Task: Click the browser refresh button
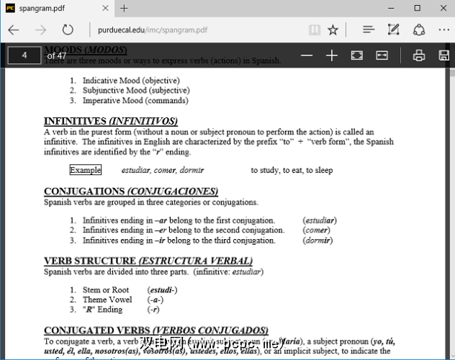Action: pos(68,30)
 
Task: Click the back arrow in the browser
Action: pos(13,30)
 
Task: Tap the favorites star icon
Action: pos(333,30)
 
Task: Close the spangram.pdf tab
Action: pos(104,9)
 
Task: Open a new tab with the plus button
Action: pos(124,9)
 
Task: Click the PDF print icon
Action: pos(419,55)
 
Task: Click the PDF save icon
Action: pos(442,55)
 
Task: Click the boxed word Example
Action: pos(85,171)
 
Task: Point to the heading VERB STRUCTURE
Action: pos(89,261)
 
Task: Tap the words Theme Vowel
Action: pos(107,300)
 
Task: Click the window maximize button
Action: pos(417,8)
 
